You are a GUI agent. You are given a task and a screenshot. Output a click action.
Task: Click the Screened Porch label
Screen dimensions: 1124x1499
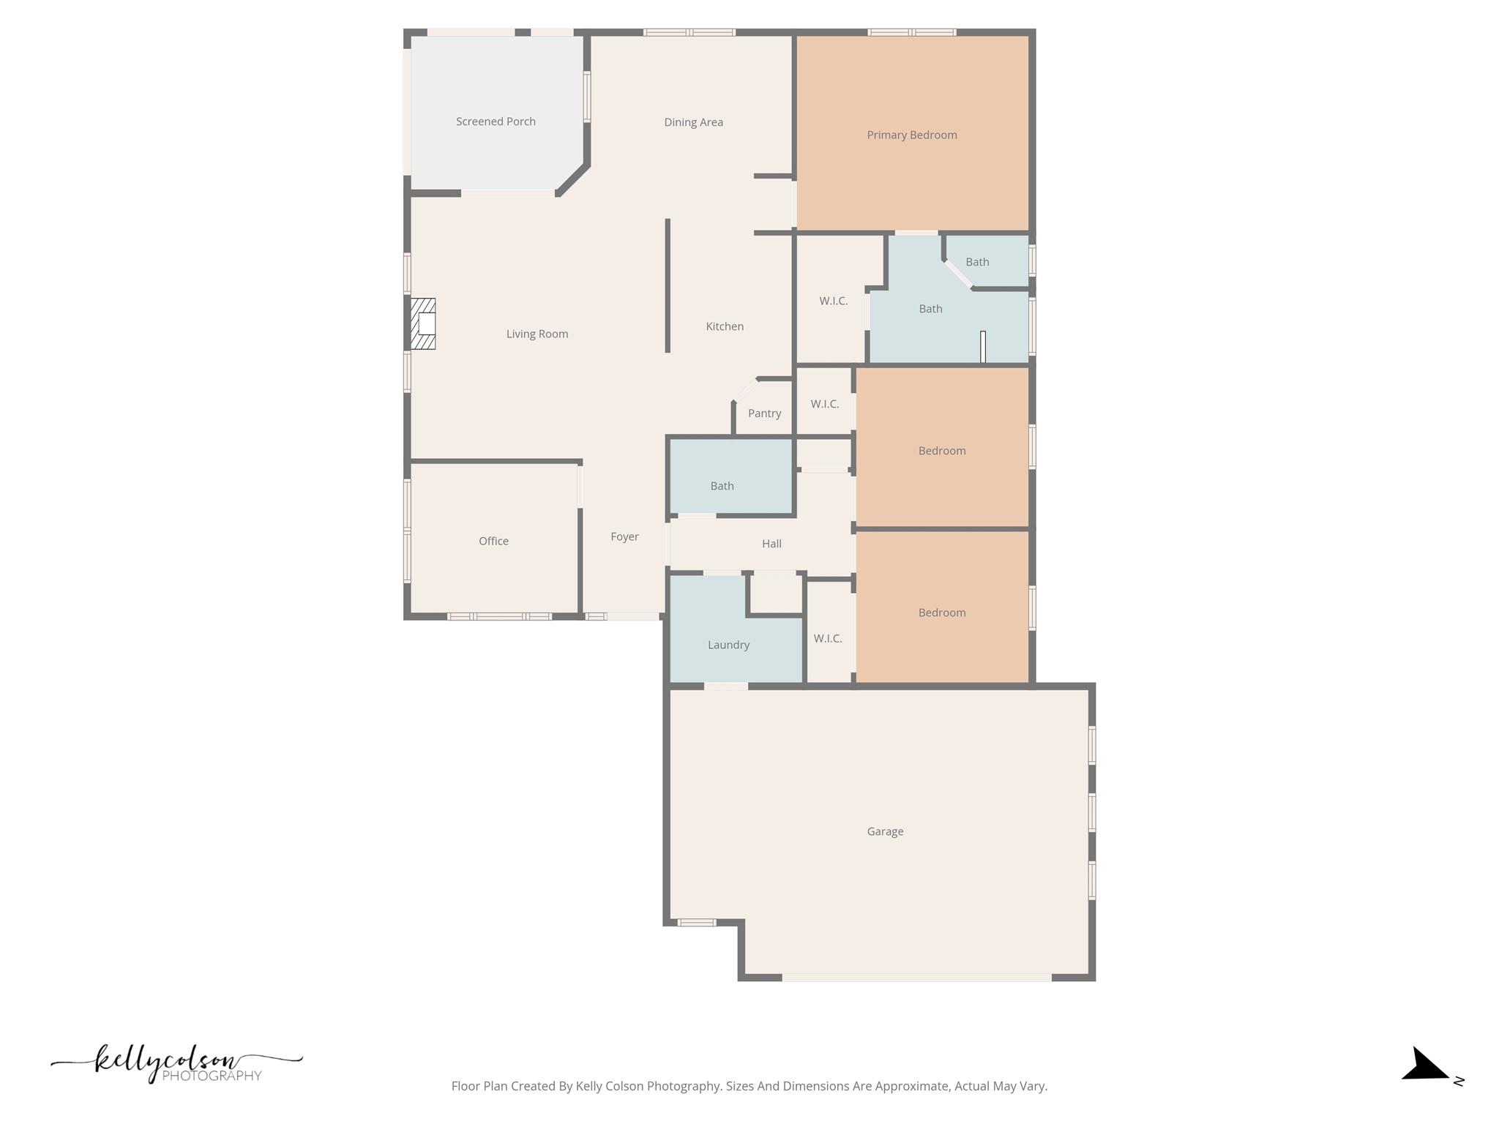click(496, 121)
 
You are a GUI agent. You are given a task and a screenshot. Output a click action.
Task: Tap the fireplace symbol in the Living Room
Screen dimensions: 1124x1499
click(423, 323)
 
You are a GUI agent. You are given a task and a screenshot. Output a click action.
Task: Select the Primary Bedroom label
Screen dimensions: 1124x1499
click(911, 135)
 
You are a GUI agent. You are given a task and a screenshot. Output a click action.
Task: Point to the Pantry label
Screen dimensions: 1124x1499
click(764, 413)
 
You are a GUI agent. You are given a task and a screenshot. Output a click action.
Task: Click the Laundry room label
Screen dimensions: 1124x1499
click(728, 645)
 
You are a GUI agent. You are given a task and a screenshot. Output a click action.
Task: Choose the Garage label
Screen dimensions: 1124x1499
click(885, 831)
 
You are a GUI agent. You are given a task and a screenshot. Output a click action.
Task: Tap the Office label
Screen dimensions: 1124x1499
click(493, 541)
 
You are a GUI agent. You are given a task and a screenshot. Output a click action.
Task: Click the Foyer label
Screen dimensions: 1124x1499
click(624, 536)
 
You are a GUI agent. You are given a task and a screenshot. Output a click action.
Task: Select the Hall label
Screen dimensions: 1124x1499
click(771, 544)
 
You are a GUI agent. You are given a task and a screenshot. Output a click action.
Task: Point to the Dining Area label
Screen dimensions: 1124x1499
click(693, 122)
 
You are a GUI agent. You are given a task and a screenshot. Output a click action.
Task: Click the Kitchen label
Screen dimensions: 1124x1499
click(725, 326)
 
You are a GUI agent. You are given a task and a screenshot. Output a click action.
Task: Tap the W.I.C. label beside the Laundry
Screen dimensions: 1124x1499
click(828, 638)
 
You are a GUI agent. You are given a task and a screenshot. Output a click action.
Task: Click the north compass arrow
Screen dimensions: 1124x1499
click(1424, 1065)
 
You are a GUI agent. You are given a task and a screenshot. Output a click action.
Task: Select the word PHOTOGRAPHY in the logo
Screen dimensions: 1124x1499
click(212, 1076)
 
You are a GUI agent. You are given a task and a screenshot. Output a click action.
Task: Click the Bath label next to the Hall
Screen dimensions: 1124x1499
click(722, 486)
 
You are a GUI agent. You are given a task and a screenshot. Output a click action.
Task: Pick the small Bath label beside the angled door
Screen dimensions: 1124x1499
click(977, 262)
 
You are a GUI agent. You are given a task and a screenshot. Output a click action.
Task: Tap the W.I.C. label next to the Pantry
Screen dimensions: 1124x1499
click(825, 404)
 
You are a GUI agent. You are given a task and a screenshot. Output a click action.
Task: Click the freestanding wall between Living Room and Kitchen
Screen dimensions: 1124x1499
click(668, 285)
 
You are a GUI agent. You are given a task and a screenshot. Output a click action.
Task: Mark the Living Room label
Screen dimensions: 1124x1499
click(537, 334)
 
